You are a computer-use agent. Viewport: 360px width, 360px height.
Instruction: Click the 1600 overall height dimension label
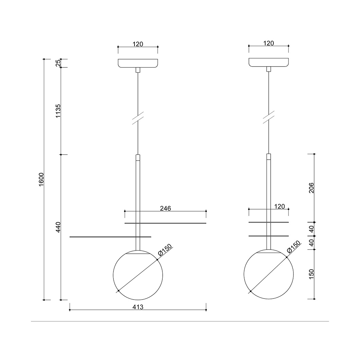click(x=41, y=179)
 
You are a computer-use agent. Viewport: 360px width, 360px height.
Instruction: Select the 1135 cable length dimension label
click(x=58, y=111)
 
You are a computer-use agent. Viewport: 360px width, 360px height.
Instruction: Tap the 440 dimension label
click(x=58, y=227)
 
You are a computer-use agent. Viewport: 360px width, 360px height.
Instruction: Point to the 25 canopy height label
click(x=58, y=63)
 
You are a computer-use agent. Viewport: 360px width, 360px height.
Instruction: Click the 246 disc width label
click(x=165, y=208)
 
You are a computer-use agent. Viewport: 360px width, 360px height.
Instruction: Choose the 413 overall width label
click(x=138, y=307)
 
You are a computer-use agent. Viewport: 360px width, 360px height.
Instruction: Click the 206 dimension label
click(x=311, y=188)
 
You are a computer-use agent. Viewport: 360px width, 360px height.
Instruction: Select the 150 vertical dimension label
click(x=311, y=274)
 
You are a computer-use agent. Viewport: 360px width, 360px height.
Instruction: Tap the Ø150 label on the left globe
click(x=165, y=250)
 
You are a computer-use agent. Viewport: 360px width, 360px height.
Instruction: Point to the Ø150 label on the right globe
click(x=294, y=247)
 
